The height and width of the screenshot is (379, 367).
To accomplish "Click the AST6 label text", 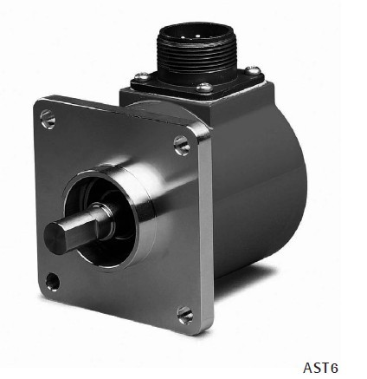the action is pyautogui.click(x=320, y=368).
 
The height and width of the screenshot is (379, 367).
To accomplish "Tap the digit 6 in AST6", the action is pyautogui.click(x=333, y=368).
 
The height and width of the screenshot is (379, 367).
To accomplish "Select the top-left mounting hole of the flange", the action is pyautogui.click(x=48, y=117).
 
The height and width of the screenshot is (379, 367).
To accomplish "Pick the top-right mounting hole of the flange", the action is pyautogui.click(x=183, y=144).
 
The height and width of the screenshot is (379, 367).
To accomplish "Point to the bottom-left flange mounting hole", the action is pyautogui.click(x=53, y=280).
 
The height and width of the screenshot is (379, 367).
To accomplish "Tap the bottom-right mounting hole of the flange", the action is pyautogui.click(x=184, y=313).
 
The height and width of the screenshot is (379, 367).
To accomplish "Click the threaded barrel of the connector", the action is pyautogui.click(x=188, y=54).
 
